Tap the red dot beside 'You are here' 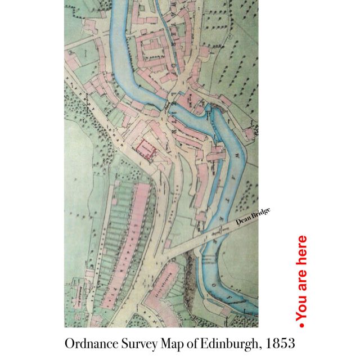301,325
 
